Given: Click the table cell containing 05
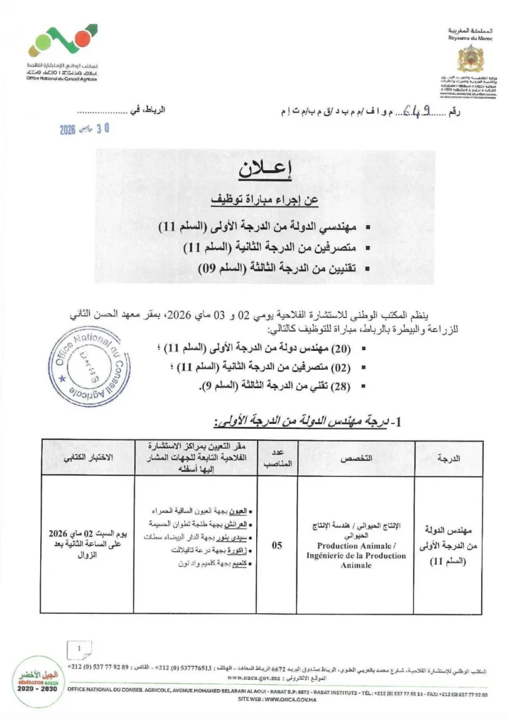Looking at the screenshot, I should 276,544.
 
